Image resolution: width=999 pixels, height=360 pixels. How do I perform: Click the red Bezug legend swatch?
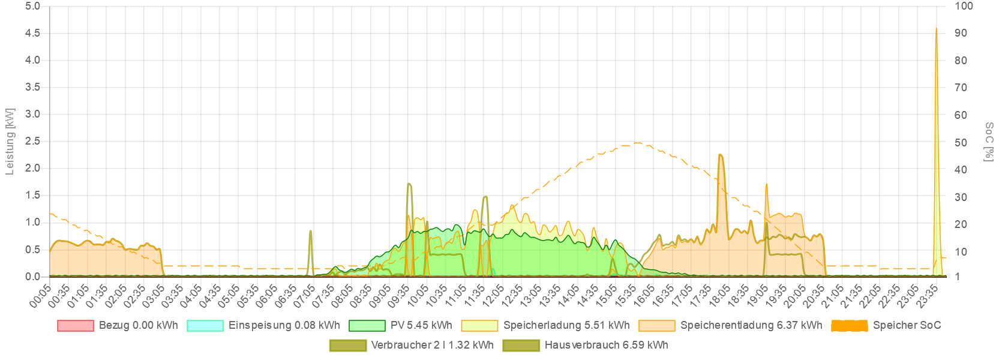click(x=76, y=326)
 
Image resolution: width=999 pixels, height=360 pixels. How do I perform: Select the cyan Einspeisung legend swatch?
click(x=205, y=326)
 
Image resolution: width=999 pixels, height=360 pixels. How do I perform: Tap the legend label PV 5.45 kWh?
click(x=421, y=325)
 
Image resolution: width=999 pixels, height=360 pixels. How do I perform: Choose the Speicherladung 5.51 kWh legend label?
click(x=566, y=325)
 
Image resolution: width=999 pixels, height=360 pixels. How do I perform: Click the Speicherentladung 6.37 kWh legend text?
click(x=751, y=325)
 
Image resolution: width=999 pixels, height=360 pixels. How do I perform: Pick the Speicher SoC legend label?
click(x=907, y=325)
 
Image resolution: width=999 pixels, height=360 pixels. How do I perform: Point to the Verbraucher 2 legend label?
click(x=432, y=345)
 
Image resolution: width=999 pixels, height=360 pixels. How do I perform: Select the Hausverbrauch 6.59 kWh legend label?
click(x=606, y=345)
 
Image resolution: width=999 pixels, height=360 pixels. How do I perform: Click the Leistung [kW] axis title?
click(x=10, y=142)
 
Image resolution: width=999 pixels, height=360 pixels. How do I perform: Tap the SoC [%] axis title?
click(x=989, y=142)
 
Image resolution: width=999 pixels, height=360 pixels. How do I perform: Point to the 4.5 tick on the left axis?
click(x=33, y=33)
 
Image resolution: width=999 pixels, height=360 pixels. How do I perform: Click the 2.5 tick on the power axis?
click(x=33, y=141)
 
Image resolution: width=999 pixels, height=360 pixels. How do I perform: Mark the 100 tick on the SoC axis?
click(x=964, y=6)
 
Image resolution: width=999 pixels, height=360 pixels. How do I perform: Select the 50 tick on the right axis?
click(x=961, y=143)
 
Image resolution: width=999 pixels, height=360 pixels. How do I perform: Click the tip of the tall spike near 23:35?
click(x=936, y=28)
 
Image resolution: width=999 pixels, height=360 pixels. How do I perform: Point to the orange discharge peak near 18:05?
click(x=720, y=155)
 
